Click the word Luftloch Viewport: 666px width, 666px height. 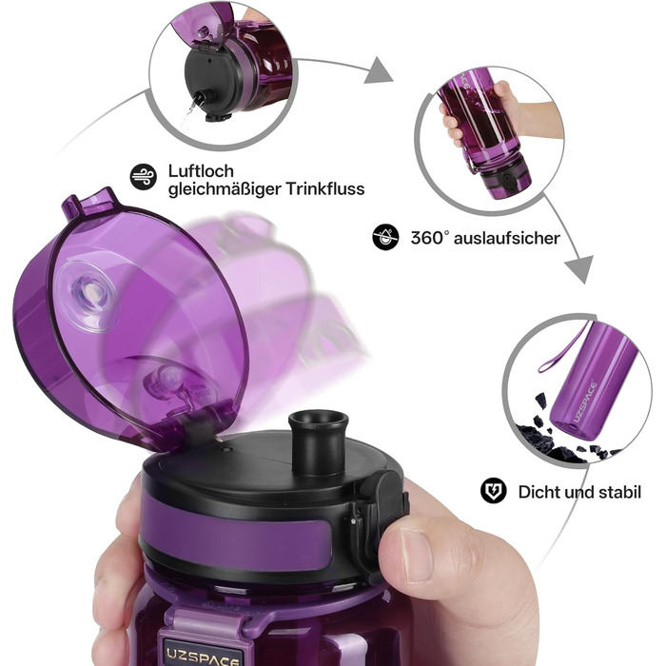coord(201,171)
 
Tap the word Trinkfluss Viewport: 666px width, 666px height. coord(325,188)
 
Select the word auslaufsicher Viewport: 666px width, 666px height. coord(507,238)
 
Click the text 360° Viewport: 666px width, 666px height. coord(429,238)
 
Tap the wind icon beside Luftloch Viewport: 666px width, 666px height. coord(143,177)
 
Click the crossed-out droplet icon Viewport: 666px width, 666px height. coord(385,237)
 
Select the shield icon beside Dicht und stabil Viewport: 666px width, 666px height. coord(493,491)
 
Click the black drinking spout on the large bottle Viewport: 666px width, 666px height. coord(319,441)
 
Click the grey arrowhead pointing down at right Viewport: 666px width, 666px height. coord(578,269)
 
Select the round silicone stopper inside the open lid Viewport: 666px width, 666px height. coord(88,296)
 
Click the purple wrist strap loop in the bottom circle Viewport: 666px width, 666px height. coord(563,350)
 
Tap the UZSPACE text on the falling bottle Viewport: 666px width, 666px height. coord(585,402)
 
